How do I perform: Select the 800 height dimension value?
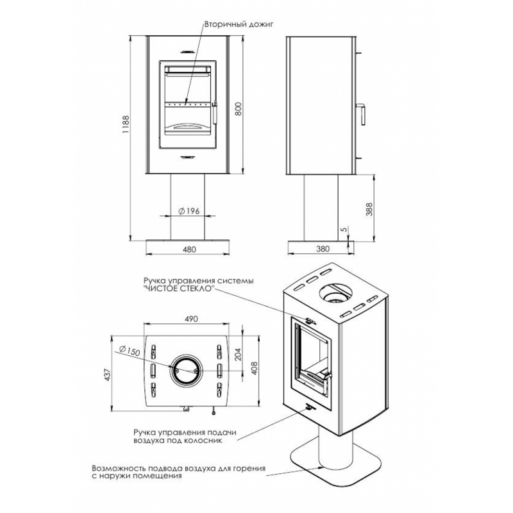[238, 109]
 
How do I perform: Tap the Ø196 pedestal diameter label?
[188, 212]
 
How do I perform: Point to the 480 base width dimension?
[189, 250]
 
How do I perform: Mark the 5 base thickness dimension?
[344, 229]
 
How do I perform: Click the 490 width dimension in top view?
[189, 319]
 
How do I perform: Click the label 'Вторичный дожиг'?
[230, 23]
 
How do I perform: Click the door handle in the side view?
[362, 114]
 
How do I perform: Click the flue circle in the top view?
[185, 370]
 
